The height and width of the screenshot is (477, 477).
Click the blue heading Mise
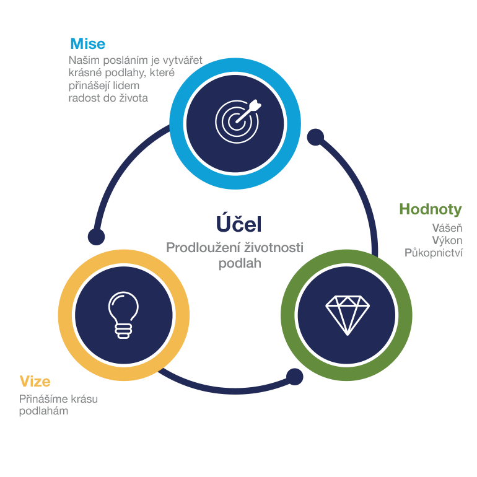click(87, 43)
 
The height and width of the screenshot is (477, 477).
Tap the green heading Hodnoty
click(430, 209)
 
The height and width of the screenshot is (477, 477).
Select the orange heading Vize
click(35, 381)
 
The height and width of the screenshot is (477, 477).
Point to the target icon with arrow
click(238, 121)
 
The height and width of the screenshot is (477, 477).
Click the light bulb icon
click(123, 315)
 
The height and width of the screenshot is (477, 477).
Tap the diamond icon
click(348, 315)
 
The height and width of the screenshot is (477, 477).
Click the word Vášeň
click(447, 228)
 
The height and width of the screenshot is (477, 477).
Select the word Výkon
click(447, 240)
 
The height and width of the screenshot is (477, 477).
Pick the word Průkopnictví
click(433, 253)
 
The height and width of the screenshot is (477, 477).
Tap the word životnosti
click(274, 247)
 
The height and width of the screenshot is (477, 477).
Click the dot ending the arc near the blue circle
click(315, 137)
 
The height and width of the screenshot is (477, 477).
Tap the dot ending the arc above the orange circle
click(96, 237)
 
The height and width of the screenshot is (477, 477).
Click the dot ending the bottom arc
click(294, 377)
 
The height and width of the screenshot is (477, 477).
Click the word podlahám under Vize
click(43, 411)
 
